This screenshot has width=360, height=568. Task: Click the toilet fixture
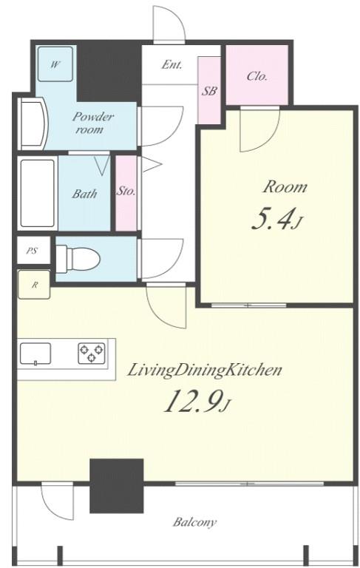pos(78,259)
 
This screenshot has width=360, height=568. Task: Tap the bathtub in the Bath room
pos(37,194)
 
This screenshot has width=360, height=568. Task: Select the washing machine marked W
pos(55,64)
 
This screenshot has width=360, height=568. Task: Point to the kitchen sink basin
pos(35,354)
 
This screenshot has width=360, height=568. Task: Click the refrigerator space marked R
pos(34,285)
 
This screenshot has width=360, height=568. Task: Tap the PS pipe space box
pos(33,250)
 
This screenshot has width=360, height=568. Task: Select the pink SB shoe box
pos(209,90)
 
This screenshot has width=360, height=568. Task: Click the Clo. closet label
pos(257,76)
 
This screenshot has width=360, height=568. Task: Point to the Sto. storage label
pos(126,191)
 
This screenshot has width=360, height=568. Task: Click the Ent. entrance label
pos(171,64)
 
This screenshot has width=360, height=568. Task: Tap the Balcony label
pos(194,522)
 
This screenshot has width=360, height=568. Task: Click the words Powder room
pos(92,123)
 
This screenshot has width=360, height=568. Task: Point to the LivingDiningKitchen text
pos(205,371)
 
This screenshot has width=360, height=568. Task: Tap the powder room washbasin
pos(33,124)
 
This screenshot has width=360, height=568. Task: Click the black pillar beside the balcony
pos(117,486)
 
